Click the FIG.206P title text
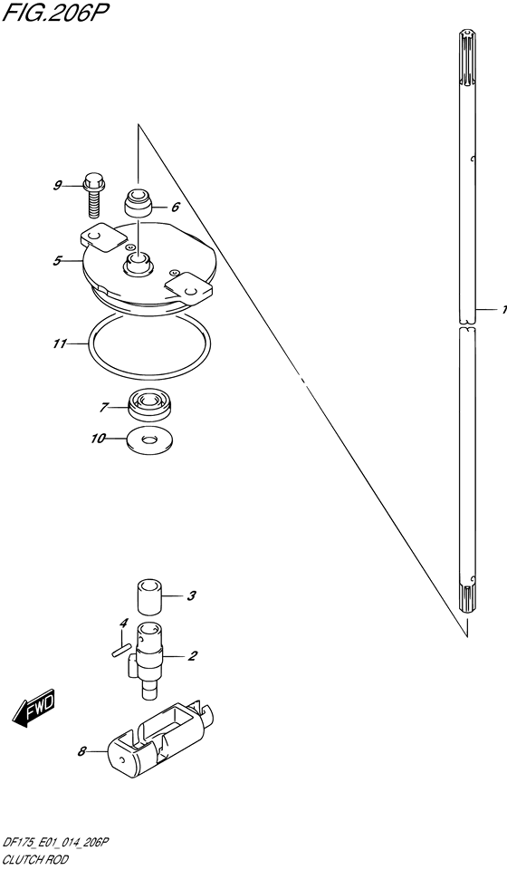(53, 12)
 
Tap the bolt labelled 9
(93, 196)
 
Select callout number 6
(175, 208)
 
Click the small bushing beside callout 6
(138, 203)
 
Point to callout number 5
(57, 260)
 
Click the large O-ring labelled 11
(148, 344)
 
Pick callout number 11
(59, 344)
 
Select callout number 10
(98, 439)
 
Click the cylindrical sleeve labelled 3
(149, 597)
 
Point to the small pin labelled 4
(120, 649)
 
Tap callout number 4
(125, 623)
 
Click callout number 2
(192, 656)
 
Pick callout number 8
(82, 752)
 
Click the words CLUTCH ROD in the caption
(35, 861)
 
